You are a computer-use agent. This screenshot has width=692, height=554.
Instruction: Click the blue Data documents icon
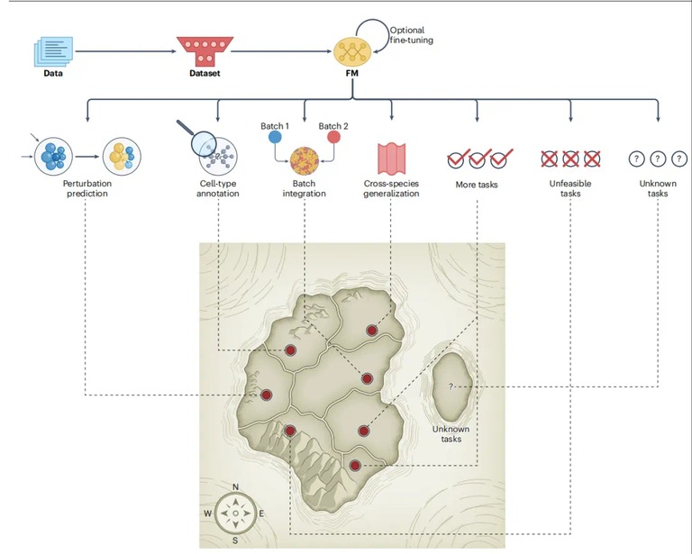[53, 51]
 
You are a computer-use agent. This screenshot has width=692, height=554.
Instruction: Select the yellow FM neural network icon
[351, 52]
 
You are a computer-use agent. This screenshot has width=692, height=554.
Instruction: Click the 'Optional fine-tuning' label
[411, 35]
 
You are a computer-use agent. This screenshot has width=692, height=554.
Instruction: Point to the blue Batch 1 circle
[275, 137]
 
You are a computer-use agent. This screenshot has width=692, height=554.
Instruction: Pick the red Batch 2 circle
[333, 137]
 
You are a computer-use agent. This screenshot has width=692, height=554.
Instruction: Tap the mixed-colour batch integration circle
[305, 161]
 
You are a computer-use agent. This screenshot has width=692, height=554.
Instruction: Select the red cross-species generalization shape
[391, 159]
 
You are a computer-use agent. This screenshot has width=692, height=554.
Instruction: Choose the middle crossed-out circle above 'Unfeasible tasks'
[570, 159]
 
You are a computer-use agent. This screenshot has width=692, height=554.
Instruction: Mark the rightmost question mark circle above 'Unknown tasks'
[679, 159]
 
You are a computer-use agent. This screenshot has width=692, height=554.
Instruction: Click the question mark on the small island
[451, 386]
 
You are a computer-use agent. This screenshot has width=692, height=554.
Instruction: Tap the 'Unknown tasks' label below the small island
[451, 434]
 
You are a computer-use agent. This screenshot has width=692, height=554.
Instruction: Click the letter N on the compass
[235, 487]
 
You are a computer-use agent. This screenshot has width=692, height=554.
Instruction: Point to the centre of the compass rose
[236, 513]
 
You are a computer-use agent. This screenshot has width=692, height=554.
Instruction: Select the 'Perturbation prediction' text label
[87, 188]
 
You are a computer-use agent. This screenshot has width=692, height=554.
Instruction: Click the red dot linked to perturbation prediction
[266, 395]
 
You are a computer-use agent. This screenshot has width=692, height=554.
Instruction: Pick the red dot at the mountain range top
[290, 431]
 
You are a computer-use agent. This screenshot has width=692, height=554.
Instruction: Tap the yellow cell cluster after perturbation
[122, 157]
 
